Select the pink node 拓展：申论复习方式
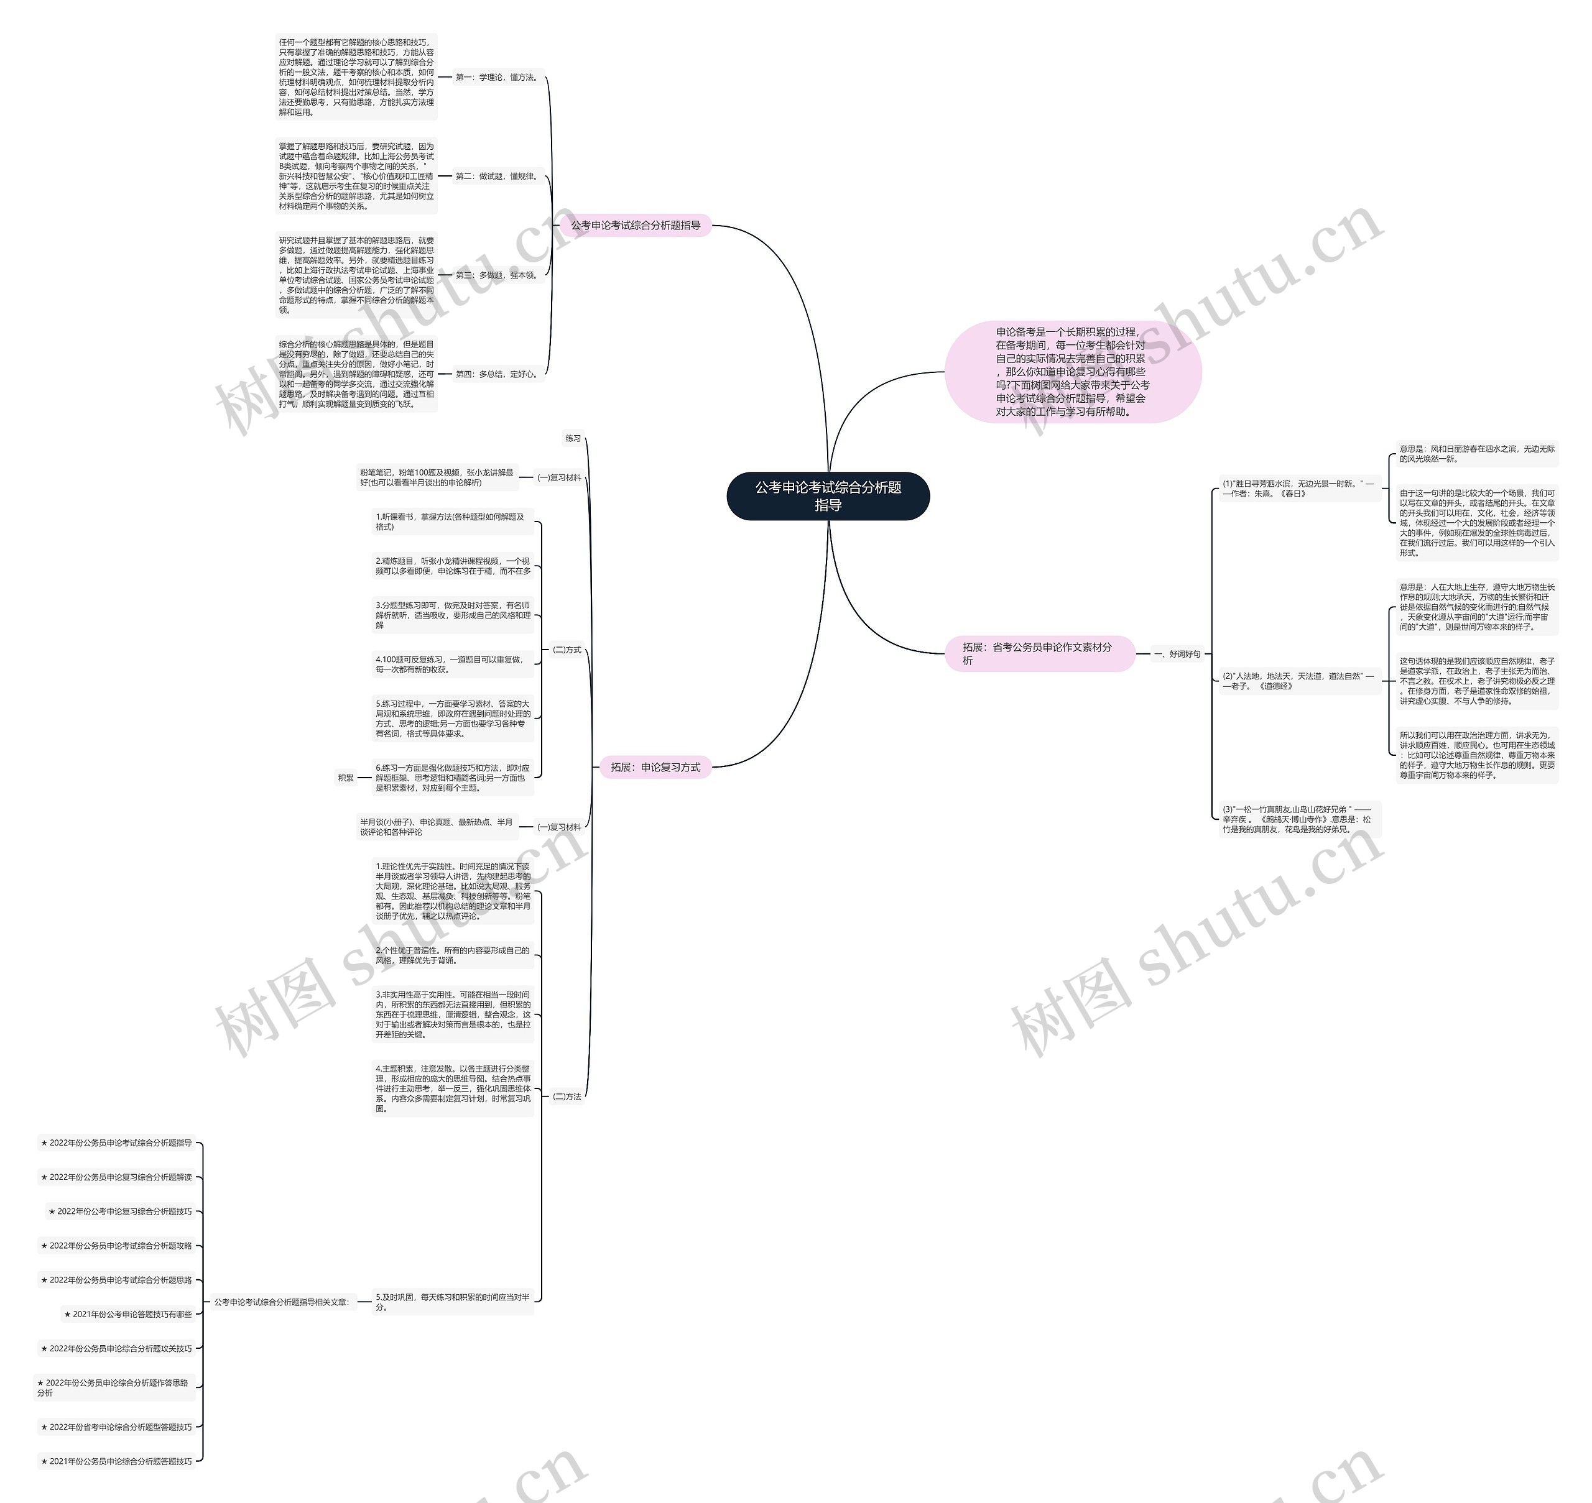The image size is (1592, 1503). [x=655, y=766]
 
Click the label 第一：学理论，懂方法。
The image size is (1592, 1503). [x=497, y=78]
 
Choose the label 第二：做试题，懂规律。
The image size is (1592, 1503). [x=497, y=177]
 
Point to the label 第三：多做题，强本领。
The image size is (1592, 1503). [x=497, y=275]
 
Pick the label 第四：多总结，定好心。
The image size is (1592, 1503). [x=497, y=374]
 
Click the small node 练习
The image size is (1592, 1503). [x=573, y=438]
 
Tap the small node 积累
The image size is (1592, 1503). [x=346, y=777]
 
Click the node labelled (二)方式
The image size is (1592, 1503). [x=567, y=650]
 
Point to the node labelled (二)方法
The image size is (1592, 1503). [x=567, y=1096]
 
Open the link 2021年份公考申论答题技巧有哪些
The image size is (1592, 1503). [x=128, y=1314]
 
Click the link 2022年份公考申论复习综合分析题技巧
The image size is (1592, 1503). [x=121, y=1211]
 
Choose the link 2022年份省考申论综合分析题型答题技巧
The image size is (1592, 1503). [x=117, y=1427]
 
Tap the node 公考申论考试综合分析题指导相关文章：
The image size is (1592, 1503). [x=281, y=1302]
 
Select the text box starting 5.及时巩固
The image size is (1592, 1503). [x=453, y=1302]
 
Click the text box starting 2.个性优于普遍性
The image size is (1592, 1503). [x=453, y=955]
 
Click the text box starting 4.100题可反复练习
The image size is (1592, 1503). [x=453, y=664]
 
